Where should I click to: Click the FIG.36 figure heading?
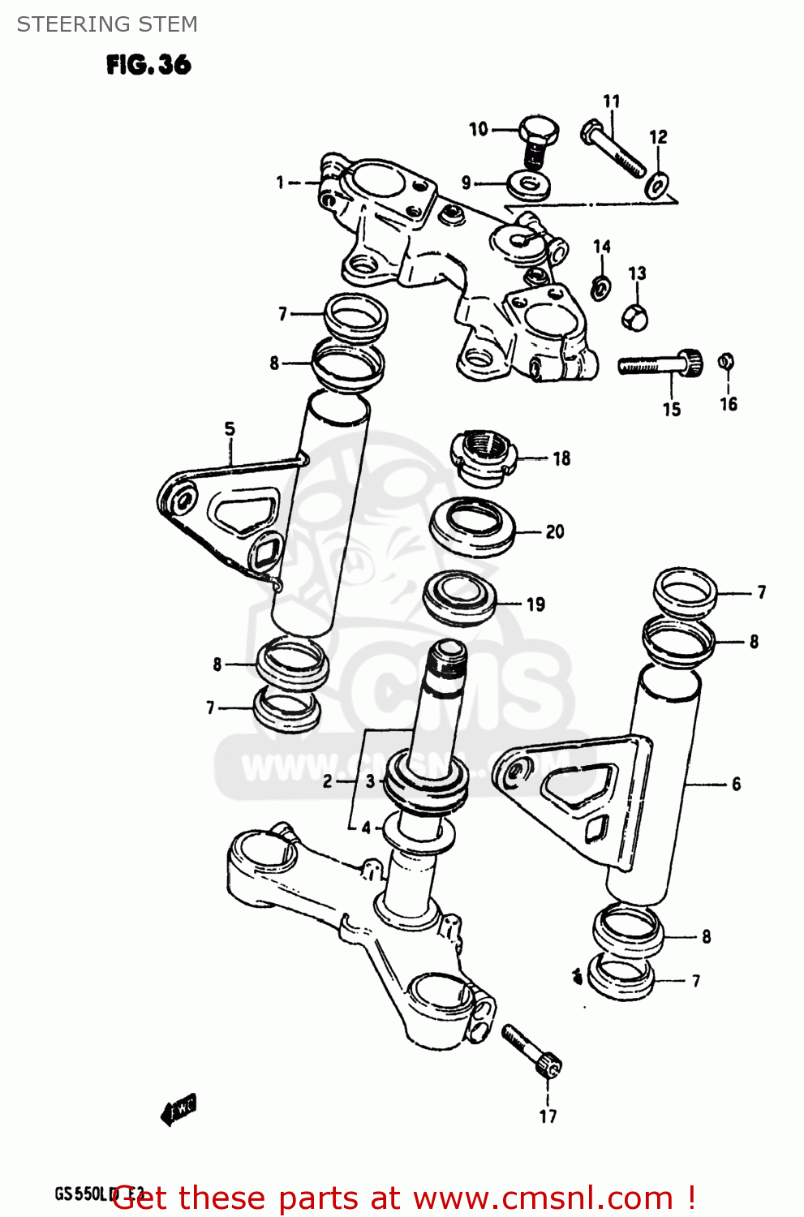pos(148,65)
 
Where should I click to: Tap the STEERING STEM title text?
pos(107,24)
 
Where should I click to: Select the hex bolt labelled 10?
pos(537,138)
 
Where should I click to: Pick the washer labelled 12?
pos(656,185)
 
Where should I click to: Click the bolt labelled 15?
pos(658,363)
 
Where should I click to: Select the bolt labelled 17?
pos(531,1049)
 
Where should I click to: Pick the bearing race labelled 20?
pos(472,527)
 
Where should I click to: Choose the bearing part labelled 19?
pos(459,597)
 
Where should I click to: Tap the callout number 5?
pos(230,428)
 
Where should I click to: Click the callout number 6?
pos(736,784)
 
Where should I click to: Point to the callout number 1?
pos(280,183)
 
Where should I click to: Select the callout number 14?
pos(601,247)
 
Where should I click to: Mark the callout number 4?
pos(366,828)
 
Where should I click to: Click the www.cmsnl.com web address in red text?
pos(543,1198)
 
